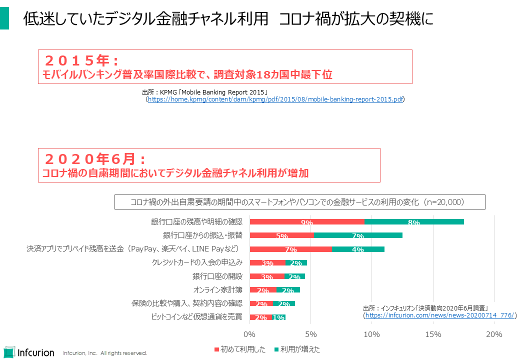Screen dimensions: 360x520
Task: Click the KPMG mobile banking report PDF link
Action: point(275,99)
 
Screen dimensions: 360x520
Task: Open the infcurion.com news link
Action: point(440,315)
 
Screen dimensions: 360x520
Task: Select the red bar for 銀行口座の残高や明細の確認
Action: point(306,222)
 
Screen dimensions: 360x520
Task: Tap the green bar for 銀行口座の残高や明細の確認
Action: point(414,222)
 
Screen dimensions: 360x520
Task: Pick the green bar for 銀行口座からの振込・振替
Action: point(358,235)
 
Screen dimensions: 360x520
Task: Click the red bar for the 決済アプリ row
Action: point(290,249)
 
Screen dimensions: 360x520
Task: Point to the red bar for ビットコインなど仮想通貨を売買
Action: point(260,317)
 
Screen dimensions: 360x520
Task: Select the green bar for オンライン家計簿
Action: point(288,290)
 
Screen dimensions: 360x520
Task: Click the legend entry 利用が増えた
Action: point(297,349)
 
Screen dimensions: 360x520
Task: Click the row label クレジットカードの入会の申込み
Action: point(197,262)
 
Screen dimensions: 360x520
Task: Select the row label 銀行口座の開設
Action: point(217,276)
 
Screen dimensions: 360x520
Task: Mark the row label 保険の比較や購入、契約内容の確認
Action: point(187,303)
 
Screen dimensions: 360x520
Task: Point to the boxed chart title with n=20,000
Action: point(300,202)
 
